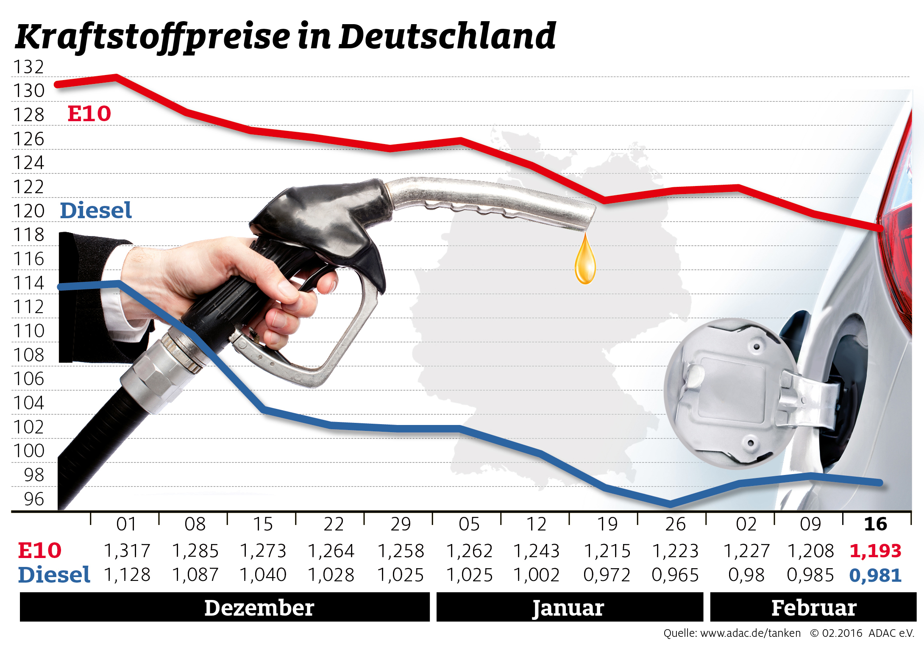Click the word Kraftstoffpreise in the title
tap(153, 37)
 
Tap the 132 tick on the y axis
tap(28, 67)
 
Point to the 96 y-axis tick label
tap(34, 499)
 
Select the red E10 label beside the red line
tap(89, 114)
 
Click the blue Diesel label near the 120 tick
tap(96, 211)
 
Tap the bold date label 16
tap(875, 525)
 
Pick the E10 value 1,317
tap(127, 551)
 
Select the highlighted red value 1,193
tap(875, 551)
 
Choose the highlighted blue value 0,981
tap(875, 575)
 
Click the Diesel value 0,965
tap(675, 575)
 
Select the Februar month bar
tap(813, 607)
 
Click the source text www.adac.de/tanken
tap(750, 633)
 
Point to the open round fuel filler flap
tap(733, 394)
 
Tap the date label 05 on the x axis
tap(469, 525)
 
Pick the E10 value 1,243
tap(537, 551)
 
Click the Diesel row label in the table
tap(54, 575)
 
